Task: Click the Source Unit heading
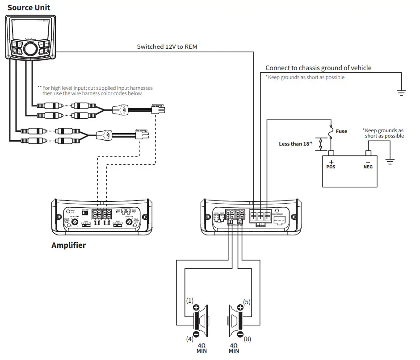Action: [29, 8]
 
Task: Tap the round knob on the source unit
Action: [30, 49]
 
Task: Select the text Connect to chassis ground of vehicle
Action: [318, 68]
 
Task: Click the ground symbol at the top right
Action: [401, 93]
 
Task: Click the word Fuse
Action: [341, 131]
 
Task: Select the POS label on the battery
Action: [331, 167]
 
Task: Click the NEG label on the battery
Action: [368, 167]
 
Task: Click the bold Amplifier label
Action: [68, 245]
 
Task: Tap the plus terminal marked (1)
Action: [196, 307]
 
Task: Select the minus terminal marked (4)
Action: [196, 334]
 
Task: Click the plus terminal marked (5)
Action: [240, 307]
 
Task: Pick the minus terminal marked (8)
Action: [240, 334]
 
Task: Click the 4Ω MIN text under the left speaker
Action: [202, 348]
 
